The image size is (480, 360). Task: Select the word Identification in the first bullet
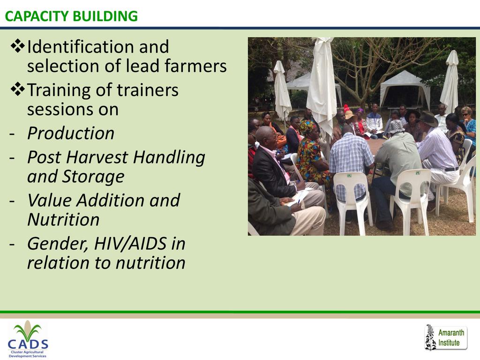[x=81, y=47]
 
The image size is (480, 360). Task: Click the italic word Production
[x=71, y=134]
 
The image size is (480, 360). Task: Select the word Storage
[x=93, y=177]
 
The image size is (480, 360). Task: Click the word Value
[x=50, y=201]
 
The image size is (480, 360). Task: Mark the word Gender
[x=58, y=244]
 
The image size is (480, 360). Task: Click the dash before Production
[x=12, y=134]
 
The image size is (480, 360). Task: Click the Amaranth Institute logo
[x=446, y=337]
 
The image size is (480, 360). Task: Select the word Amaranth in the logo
[x=451, y=332]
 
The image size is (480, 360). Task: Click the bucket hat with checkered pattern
[x=397, y=127]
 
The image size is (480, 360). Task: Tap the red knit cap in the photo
[x=346, y=108]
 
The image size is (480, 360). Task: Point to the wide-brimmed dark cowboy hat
[x=428, y=119]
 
